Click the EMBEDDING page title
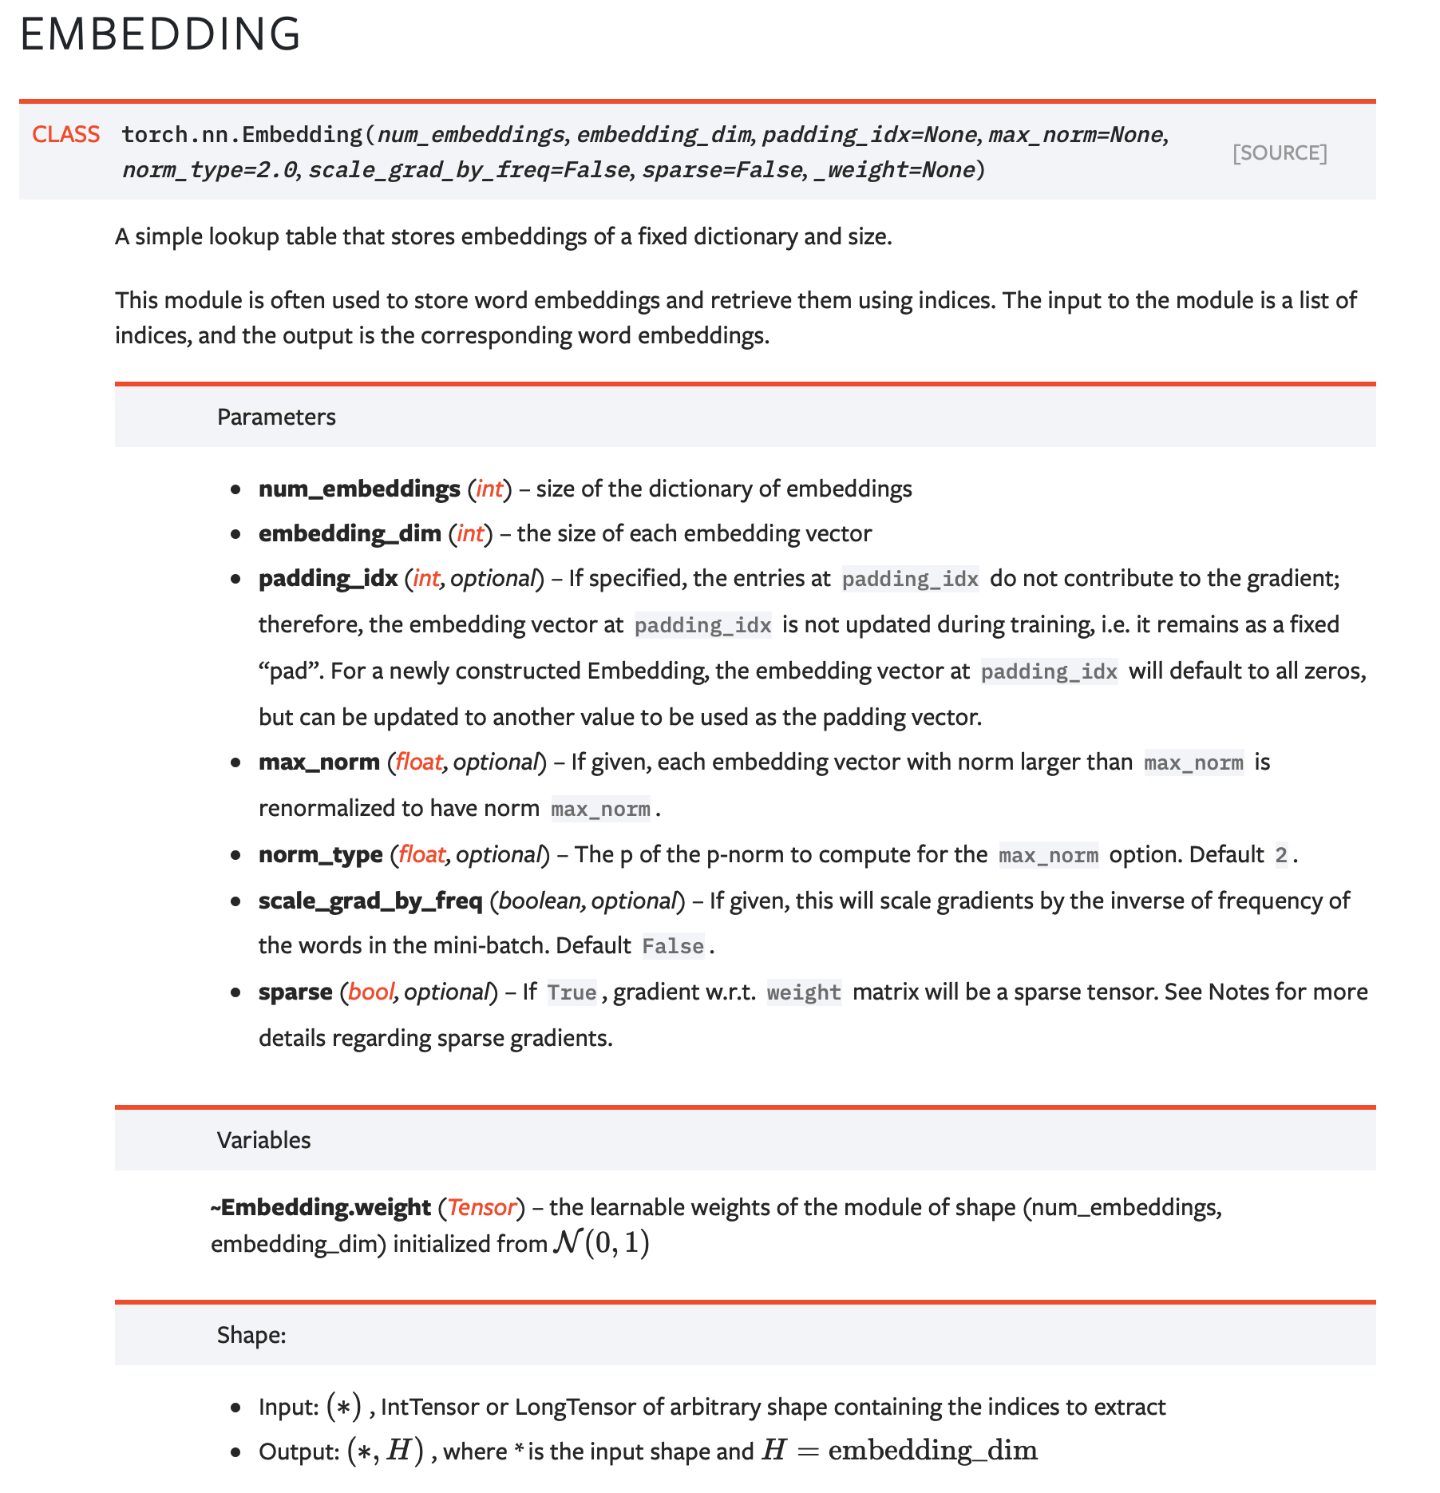pyautogui.click(x=160, y=34)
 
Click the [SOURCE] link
pyautogui.click(x=1279, y=152)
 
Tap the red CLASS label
pyautogui.click(x=65, y=134)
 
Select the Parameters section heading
pyautogui.click(x=276, y=417)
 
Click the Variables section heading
pyautogui.click(x=263, y=1140)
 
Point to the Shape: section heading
pyautogui.click(x=251, y=1335)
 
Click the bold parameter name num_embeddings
pyautogui.click(x=359, y=489)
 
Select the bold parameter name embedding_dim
pyautogui.click(x=350, y=533)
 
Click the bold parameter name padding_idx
pyautogui.click(x=327, y=578)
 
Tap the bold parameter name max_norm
pyautogui.click(x=318, y=762)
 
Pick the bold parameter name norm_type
pyautogui.click(x=320, y=854)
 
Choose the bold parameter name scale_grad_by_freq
pyautogui.click(x=370, y=901)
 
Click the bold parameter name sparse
pyautogui.click(x=295, y=992)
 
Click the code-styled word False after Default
pyautogui.click(x=672, y=946)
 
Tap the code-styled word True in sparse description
pyautogui.click(x=572, y=992)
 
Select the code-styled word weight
pyautogui.click(x=803, y=992)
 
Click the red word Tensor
pyautogui.click(x=481, y=1207)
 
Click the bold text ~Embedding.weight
pyautogui.click(x=320, y=1207)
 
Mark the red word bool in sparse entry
pyautogui.click(x=370, y=992)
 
